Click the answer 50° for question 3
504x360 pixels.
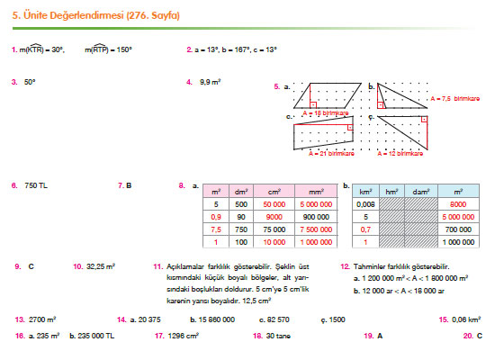tap(30, 82)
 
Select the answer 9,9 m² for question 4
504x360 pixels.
tap(211, 82)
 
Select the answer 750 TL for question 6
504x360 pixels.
tap(36, 185)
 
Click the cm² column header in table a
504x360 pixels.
tap(271, 191)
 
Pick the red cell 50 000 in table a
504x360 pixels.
tap(271, 204)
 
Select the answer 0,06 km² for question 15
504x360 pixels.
tap(468, 319)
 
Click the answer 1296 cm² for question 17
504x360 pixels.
tap(183, 335)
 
